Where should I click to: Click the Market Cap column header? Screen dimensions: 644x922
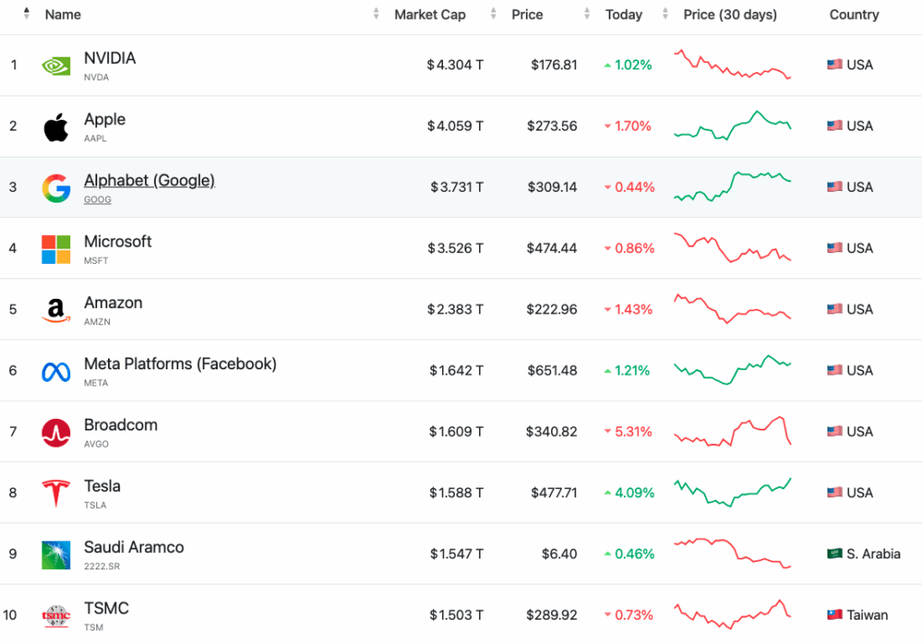click(429, 14)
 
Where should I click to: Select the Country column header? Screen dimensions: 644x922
click(854, 14)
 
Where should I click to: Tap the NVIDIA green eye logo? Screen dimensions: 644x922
click(55, 65)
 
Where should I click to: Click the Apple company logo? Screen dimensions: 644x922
click(55, 126)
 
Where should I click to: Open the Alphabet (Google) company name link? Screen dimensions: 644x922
click(149, 180)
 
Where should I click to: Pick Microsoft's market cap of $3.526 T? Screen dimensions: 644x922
click(456, 248)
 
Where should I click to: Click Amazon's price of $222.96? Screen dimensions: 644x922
click(552, 309)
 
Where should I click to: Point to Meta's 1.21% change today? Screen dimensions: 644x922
click(633, 370)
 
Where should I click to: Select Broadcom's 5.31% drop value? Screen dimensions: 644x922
click(633, 431)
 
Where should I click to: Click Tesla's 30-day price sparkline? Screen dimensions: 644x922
click(733, 493)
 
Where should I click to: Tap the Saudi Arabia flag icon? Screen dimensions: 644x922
click(835, 554)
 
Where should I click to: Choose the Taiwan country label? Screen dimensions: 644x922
click(867, 615)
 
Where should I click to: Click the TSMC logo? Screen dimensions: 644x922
click(55, 615)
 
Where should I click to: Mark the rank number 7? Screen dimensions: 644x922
click(14, 431)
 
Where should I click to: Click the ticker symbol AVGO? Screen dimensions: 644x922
click(95, 444)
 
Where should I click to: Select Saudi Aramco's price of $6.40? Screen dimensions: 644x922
click(559, 554)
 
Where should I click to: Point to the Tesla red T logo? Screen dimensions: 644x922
click(55, 493)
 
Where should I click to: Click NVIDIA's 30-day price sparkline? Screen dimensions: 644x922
click(733, 65)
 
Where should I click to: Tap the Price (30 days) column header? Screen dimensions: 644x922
click(729, 14)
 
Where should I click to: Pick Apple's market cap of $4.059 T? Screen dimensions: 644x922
click(456, 126)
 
